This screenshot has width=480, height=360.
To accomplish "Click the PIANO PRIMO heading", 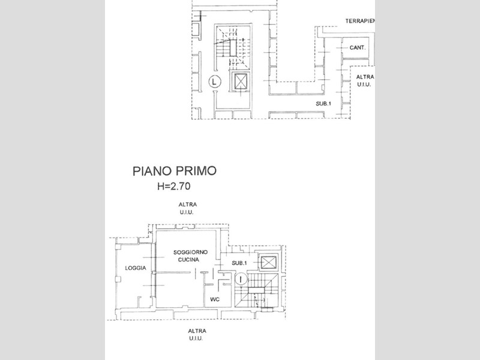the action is [175, 171].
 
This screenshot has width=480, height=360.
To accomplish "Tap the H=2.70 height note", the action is [173, 186].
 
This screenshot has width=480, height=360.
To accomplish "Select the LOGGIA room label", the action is [136, 268].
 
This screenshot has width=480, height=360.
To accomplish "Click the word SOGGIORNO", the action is [190, 252].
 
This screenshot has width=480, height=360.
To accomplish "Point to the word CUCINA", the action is [188, 260].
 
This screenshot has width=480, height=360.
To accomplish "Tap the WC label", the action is [215, 299].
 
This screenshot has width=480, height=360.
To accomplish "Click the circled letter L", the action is [215, 82].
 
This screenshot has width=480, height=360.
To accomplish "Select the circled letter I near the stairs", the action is [242, 279].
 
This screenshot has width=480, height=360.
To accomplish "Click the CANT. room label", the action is [357, 48].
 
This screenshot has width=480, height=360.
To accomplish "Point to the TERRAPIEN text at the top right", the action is [360, 21].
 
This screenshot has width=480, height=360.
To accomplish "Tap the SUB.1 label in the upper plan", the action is [323, 104].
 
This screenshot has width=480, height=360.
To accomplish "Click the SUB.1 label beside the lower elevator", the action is [239, 263].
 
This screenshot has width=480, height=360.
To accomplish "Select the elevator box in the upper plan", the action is [239, 82].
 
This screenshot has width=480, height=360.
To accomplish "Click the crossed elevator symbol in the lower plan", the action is [268, 262].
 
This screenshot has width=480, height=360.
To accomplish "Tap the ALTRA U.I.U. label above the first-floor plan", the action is [187, 208].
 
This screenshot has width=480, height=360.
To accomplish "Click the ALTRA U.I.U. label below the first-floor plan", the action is [197, 335].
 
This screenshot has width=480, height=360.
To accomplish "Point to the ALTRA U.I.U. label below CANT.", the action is [365, 81].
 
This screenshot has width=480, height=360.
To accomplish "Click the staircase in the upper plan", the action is [233, 47].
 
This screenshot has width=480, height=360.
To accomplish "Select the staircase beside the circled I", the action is [257, 290].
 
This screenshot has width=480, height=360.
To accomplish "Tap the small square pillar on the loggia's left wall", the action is [118, 279].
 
